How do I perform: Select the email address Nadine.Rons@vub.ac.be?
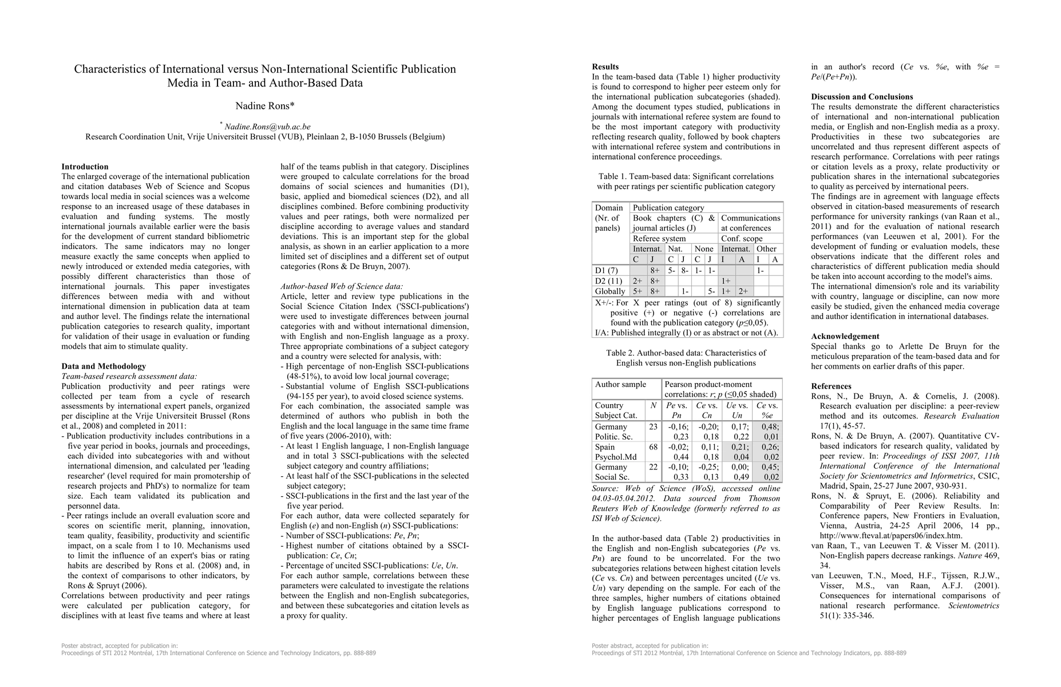click(x=267, y=127)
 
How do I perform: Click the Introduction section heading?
click(x=85, y=167)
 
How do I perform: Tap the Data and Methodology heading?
click(x=104, y=366)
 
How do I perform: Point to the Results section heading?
click(x=605, y=67)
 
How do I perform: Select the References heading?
click(x=831, y=386)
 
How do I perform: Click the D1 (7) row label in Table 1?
click(x=607, y=270)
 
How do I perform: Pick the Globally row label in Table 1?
click(x=610, y=291)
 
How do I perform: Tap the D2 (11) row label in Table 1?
click(x=608, y=281)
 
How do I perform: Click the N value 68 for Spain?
click(x=654, y=447)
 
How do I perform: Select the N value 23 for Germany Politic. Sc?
click(x=654, y=427)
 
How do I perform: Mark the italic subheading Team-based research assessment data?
click(x=129, y=376)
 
